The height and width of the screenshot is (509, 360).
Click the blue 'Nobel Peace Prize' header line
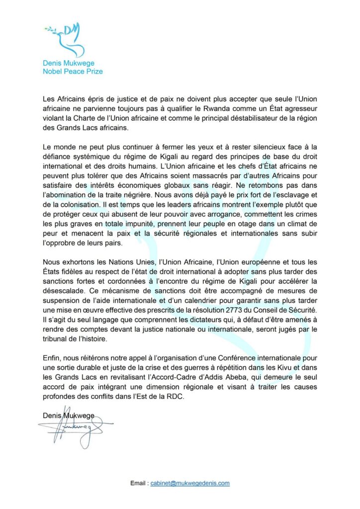click(73, 71)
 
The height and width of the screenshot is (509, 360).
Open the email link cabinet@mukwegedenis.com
click(190, 483)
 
